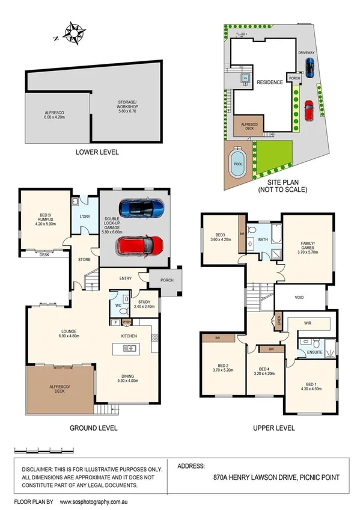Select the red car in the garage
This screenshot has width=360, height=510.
141,245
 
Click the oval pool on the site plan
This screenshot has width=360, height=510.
237,162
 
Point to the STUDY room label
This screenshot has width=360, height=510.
147,303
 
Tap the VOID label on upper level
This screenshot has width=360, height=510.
299,297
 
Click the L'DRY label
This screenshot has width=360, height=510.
84,216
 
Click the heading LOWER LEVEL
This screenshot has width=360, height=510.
96,152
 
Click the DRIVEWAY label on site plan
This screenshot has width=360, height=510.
306,53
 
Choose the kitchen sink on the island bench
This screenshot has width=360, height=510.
129,348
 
